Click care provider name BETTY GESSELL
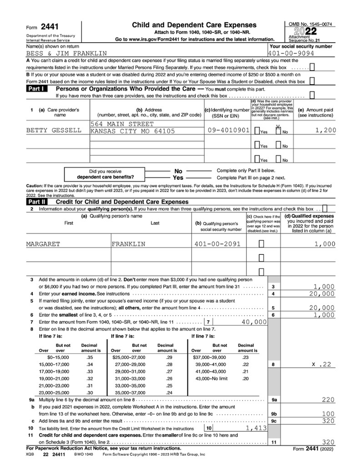[54, 131]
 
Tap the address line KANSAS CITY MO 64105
[132, 131]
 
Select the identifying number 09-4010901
[228, 131]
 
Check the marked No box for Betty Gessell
[278, 131]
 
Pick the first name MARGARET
[43, 244]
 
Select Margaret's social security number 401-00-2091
[217, 244]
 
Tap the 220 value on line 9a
[328, 400]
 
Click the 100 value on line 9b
[328, 414]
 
